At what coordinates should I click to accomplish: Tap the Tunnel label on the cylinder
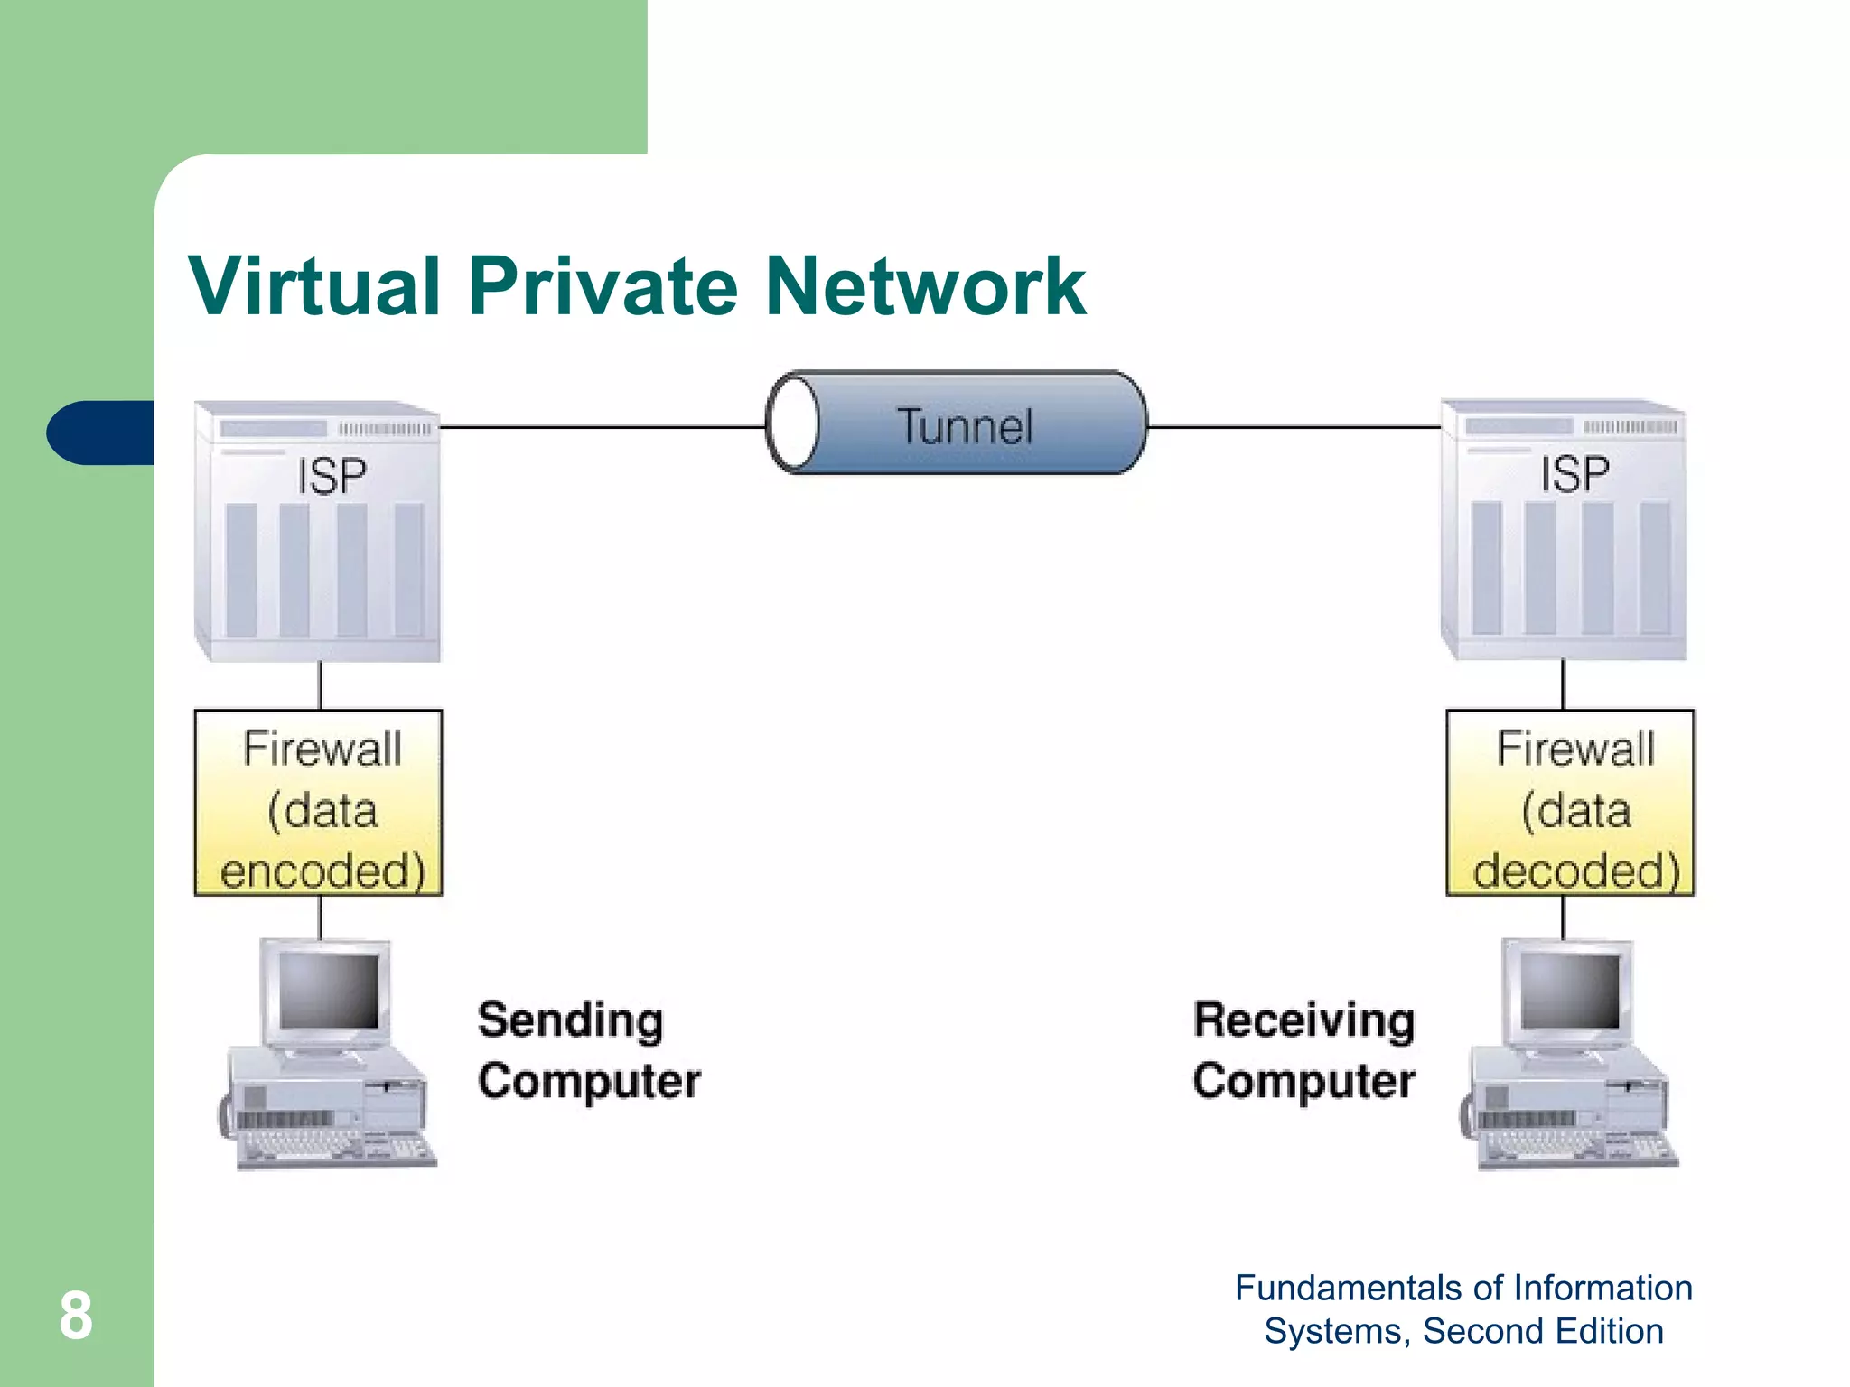[x=964, y=426]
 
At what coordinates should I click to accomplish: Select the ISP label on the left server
[x=332, y=476]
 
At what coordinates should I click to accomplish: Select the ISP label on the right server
[x=1574, y=474]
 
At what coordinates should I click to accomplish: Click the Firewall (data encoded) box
[x=318, y=802]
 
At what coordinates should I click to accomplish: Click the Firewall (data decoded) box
[x=1570, y=802]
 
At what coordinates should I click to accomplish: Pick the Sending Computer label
[x=588, y=1050]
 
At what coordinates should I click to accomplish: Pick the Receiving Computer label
[x=1303, y=1050]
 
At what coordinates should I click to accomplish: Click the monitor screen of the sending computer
[x=329, y=990]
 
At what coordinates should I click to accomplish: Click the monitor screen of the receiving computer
[x=1571, y=990]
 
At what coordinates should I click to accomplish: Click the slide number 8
[x=76, y=1316]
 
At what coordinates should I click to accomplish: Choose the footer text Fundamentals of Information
[x=1463, y=1288]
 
